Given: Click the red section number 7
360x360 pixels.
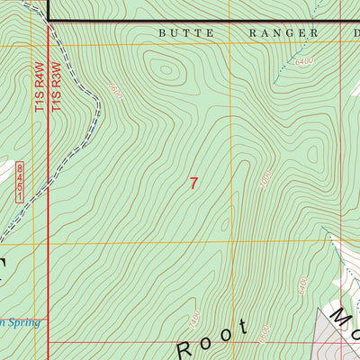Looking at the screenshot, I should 193,183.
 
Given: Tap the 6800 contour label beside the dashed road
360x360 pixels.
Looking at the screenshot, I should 113,90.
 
